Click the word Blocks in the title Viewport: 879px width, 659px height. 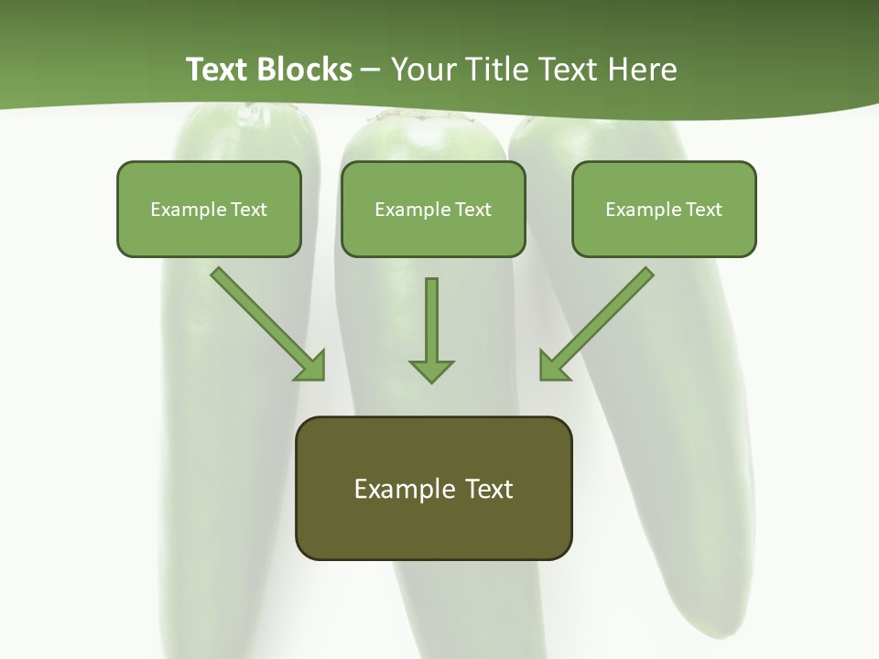pos(305,70)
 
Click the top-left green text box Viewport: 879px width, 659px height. pos(209,209)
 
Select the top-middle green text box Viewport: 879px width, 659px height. pos(433,209)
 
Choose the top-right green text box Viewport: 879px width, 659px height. pos(664,209)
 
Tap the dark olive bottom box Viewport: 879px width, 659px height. pos(433,488)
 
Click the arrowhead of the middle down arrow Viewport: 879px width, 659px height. pos(431,370)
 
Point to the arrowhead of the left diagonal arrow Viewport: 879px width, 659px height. pos(311,366)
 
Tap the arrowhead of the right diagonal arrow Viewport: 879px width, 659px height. pos(553,366)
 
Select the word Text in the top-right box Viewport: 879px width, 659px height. pos(703,210)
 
